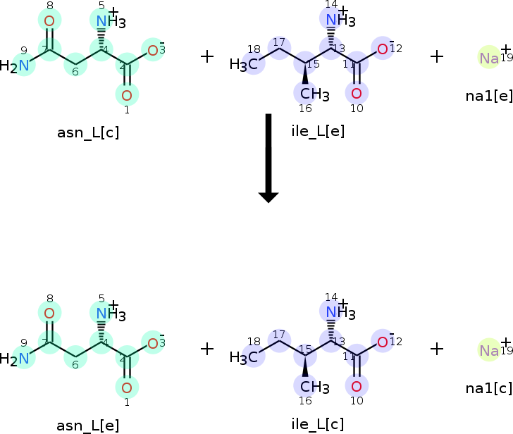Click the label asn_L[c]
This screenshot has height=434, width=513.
87,132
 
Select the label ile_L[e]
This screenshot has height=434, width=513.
318,130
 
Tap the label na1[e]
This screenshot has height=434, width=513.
489,96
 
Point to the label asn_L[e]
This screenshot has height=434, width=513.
87,425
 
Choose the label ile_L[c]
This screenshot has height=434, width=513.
318,423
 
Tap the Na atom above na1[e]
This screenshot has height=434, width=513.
489,58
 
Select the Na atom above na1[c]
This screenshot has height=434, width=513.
489,350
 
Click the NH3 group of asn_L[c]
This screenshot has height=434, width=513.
110,21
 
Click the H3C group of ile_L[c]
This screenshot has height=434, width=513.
243,357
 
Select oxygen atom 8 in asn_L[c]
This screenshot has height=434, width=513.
49,21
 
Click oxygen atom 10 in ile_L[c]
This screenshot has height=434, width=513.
357,385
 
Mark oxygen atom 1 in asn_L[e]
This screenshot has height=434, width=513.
127,387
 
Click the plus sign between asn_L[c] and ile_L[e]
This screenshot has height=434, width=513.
207,56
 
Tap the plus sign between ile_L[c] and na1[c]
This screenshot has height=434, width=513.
437,348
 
